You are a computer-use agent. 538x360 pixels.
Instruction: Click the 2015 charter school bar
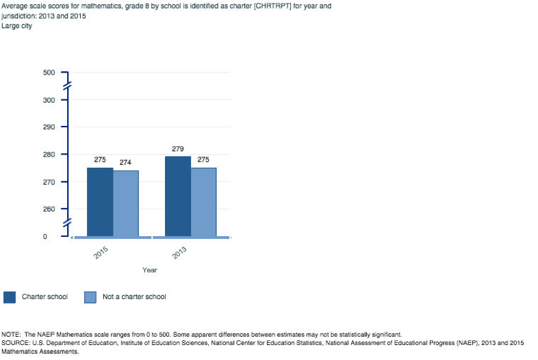pyautogui.click(x=99, y=202)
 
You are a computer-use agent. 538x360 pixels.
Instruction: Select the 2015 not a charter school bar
pyautogui.click(x=125, y=203)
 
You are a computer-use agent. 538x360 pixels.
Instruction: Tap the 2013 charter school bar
pyautogui.click(x=177, y=196)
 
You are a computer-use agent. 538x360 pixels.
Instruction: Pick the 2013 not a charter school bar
pyautogui.click(x=203, y=202)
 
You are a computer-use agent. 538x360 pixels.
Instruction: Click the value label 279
pyautogui.click(x=177, y=149)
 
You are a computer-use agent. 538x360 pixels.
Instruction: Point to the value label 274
pyautogui.click(x=125, y=162)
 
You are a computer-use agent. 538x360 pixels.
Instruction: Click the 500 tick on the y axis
pyautogui.click(x=49, y=73)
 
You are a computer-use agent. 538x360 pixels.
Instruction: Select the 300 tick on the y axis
pyautogui.click(x=49, y=100)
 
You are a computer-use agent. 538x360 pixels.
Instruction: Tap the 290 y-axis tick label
pyautogui.click(x=49, y=127)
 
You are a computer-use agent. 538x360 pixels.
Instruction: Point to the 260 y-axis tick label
pyautogui.click(x=49, y=209)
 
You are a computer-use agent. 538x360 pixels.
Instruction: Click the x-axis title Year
pyautogui.click(x=149, y=270)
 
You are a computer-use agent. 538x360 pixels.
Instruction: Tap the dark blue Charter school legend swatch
pyautogui.click(x=10, y=297)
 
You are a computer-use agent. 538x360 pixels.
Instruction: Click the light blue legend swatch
pyautogui.click(x=90, y=297)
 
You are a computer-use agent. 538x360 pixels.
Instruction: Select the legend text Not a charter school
pyautogui.click(x=134, y=297)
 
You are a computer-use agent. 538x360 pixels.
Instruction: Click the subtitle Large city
pyautogui.click(x=18, y=26)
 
